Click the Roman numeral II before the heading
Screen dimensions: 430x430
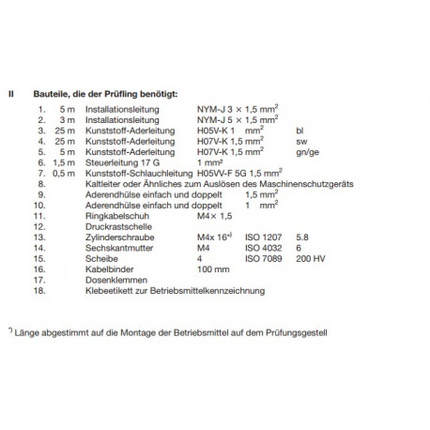point(12,95)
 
